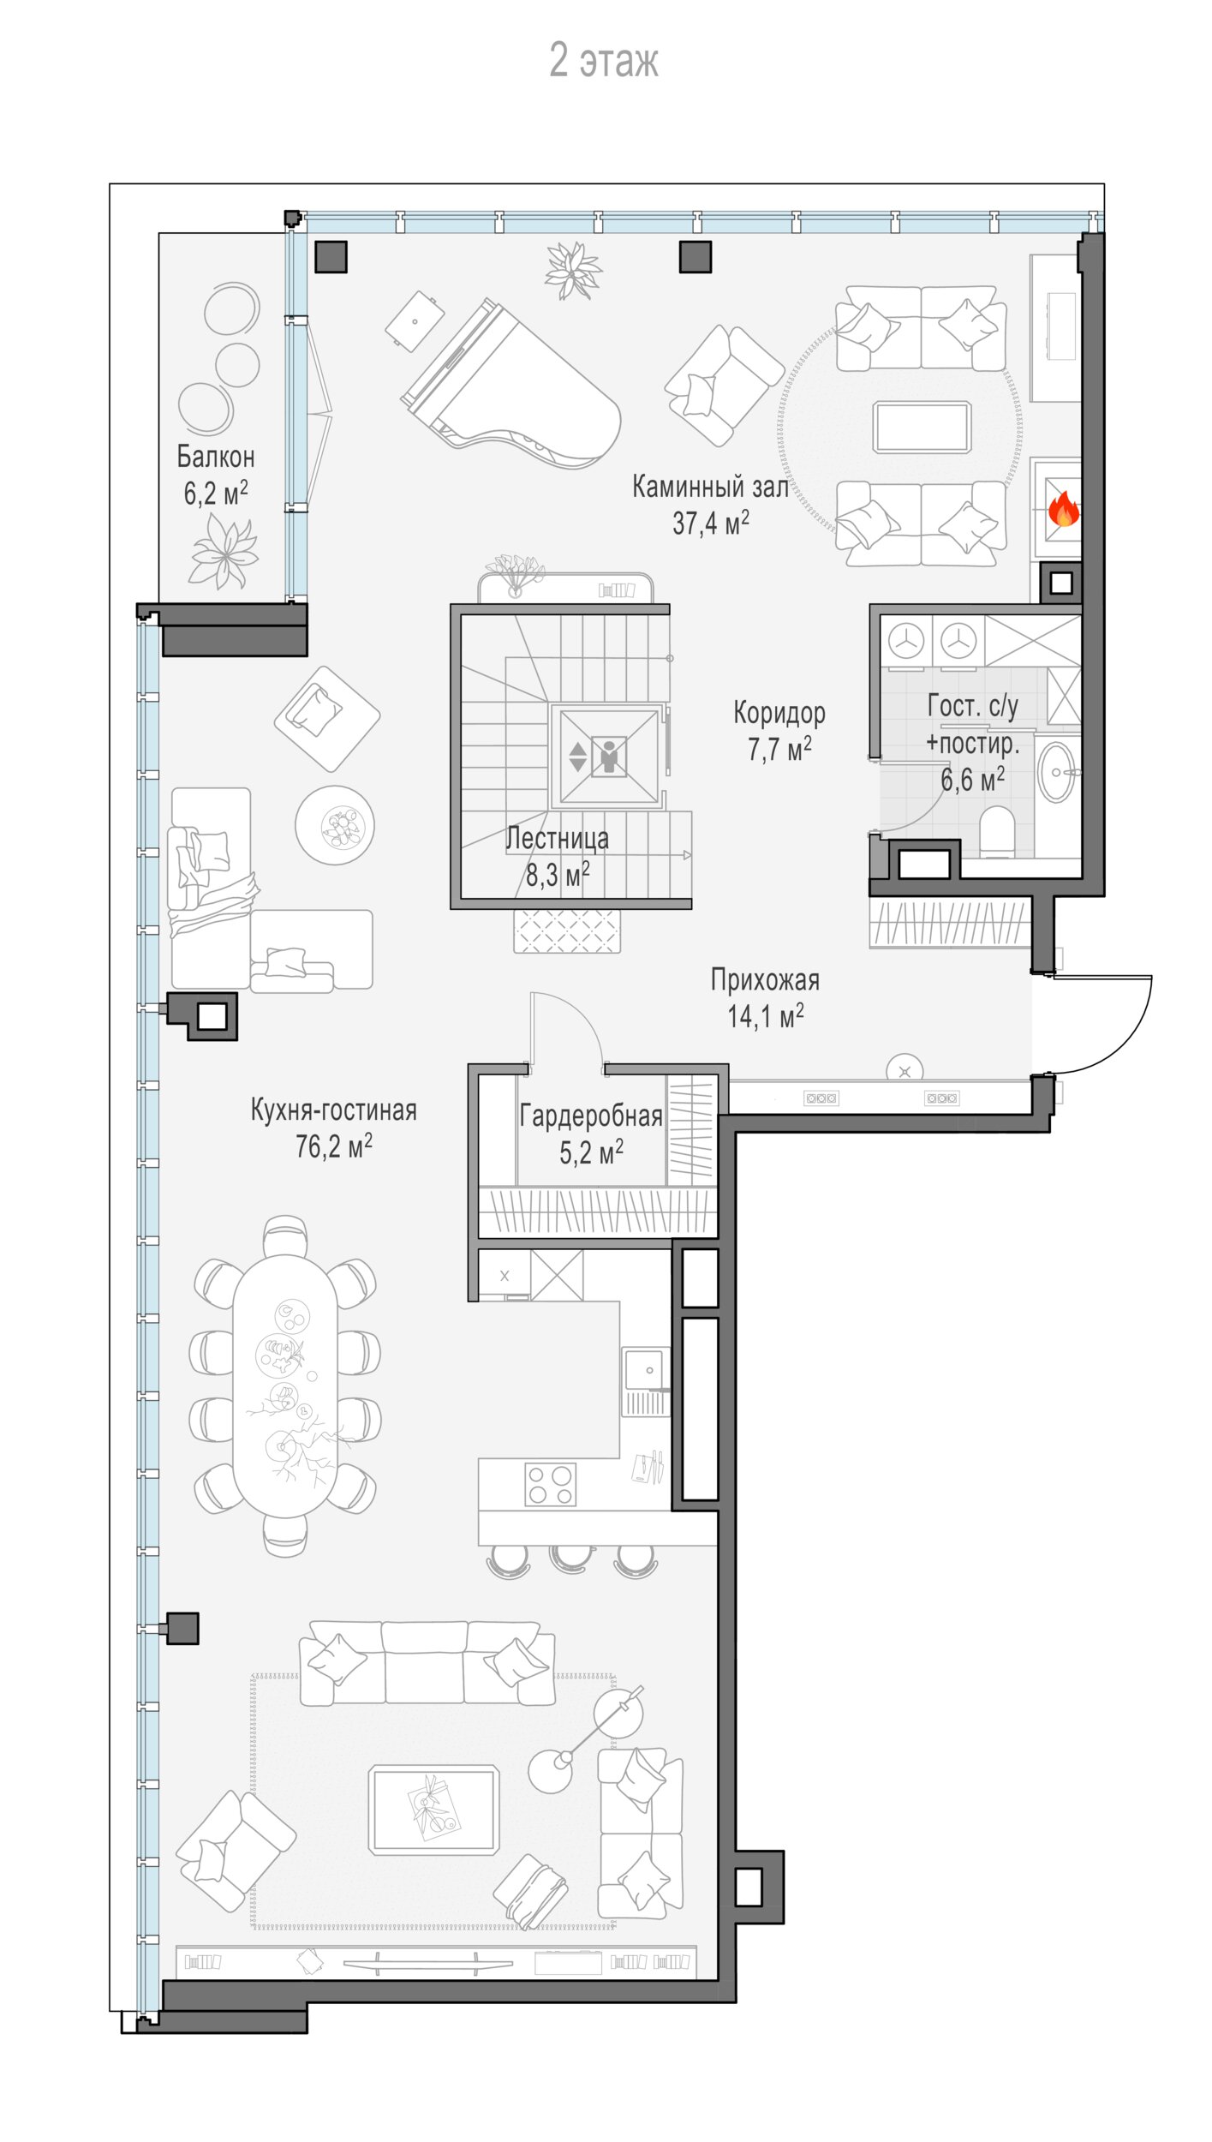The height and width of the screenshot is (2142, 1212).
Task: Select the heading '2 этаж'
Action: click(604, 61)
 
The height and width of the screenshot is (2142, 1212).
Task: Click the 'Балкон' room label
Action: click(216, 457)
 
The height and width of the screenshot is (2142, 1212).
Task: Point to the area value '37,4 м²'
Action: click(711, 522)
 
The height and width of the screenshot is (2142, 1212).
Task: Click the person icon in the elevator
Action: click(609, 757)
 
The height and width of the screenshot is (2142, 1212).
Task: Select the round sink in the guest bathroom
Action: click(1056, 772)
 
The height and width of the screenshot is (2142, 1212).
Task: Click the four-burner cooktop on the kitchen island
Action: click(550, 1484)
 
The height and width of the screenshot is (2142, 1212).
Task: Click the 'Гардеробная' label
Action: click(591, 1116)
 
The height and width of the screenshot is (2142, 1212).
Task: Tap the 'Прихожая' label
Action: click(765, 979)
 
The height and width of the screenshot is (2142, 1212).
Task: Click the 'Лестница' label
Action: click(557, 838)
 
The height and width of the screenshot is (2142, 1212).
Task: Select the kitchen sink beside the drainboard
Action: click(645, 1369)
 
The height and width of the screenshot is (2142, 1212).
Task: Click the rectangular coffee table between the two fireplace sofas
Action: click(922, 427)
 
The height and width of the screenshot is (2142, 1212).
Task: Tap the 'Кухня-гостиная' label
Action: click(334, 1110)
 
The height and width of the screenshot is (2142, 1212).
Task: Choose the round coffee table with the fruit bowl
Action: click(335, 825)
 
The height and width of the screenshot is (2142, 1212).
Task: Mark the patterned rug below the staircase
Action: click(567, 930)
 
